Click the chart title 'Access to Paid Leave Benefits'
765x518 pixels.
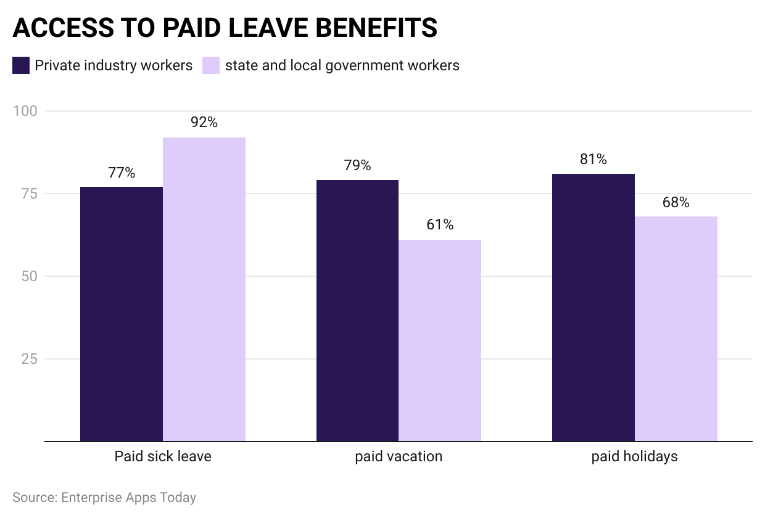(225, 28)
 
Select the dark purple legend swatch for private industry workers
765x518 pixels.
(21, 65)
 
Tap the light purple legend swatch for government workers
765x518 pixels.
(212, 65)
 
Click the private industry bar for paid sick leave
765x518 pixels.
(122, 314)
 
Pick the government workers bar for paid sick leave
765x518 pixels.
(204, 289)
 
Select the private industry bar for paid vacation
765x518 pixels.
(357, 311)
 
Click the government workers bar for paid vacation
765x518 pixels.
(440, 340)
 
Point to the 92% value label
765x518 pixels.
(204, 122)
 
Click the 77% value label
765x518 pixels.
(122, 172)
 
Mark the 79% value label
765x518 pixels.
(357, 165)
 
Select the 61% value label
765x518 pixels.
(440, 224)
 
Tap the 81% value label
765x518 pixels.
(593, 159)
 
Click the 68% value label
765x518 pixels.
(676, 202)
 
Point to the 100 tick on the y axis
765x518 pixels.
(25, 111)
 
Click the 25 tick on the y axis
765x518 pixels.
(29, 359)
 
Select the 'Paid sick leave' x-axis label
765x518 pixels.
(163, 457)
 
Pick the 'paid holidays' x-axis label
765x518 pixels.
(634, 457)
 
